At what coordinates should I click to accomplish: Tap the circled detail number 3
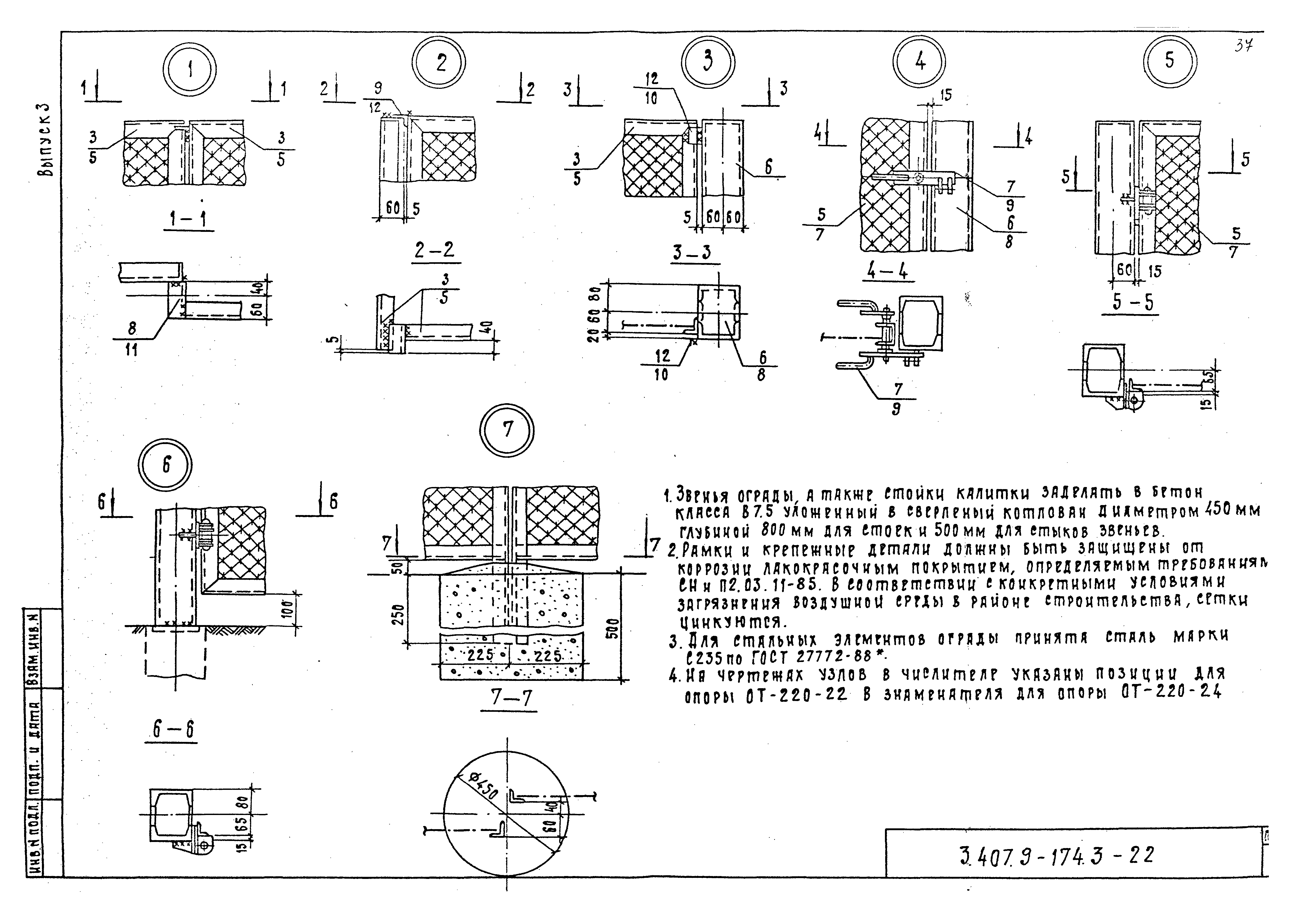(x=707, y=61)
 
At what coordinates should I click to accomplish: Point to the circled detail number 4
(x=919, y=61)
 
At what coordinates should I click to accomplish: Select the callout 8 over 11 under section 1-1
(x=132, y=340)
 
